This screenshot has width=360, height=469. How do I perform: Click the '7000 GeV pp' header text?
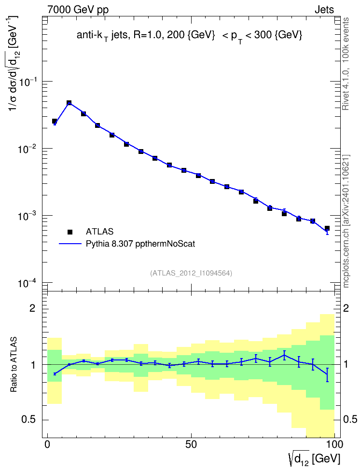[78, 10]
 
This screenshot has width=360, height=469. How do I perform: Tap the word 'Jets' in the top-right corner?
[324, 10]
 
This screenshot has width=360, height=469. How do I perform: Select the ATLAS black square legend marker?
[70, 232]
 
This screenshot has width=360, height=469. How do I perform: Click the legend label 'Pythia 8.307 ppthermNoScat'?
[140, 244]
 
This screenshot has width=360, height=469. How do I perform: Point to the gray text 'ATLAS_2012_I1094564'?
[191, 273]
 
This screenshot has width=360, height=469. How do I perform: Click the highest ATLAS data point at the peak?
[69, 103]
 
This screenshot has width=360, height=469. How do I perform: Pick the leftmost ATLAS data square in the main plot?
[55, 121]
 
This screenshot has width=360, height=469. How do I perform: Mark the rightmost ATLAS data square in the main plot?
[327, 228]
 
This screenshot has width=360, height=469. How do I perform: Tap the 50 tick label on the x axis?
[191, 444]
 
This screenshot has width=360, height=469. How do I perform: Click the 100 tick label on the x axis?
[334, 444]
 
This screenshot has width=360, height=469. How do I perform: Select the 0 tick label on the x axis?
[47, 444]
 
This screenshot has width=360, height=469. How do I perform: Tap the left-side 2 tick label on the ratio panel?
[32, 308]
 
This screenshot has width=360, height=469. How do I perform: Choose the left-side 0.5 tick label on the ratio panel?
[28, 420]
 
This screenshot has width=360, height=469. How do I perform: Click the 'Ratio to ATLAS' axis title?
[13, 364]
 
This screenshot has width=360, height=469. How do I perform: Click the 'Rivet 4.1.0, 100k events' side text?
[346, 64]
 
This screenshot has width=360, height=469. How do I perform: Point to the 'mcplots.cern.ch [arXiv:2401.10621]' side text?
[346, 221]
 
